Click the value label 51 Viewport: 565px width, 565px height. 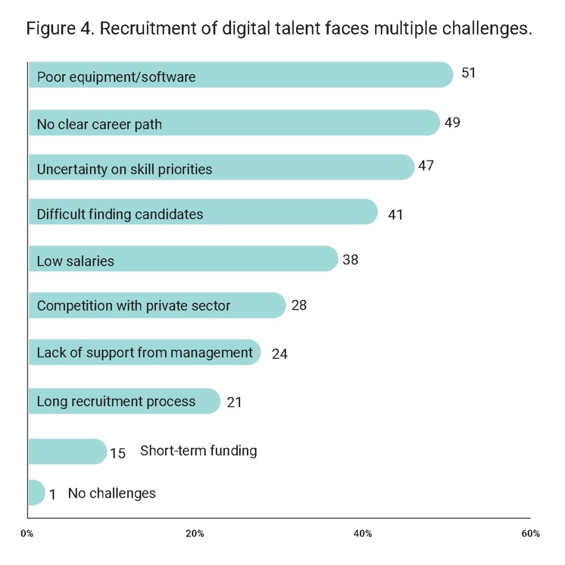point(469,73)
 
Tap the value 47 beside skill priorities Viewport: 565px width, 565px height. point(425,167)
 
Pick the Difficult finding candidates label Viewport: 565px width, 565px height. point(120,215)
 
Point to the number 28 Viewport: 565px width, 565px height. point(299,306)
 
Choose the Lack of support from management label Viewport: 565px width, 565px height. point(145,353)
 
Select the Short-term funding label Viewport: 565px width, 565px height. point(198,451)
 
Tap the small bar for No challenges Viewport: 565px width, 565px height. point(35,493)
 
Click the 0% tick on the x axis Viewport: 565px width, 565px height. point(27,534)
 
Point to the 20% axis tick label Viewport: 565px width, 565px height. point(195,534)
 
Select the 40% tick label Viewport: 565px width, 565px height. point(363,534)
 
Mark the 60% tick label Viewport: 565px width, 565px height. point(531,534)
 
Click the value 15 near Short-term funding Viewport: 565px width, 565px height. point(118,453)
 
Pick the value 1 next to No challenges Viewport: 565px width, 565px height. point(53,495)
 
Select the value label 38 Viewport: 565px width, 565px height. point(350,260)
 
